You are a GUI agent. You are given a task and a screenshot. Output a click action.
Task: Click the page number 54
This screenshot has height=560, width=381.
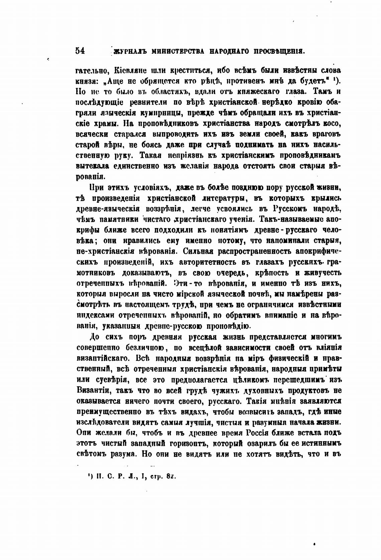(x=81, y=51)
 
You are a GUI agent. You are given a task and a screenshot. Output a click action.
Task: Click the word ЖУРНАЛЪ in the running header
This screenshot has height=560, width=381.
(x=130, y=51)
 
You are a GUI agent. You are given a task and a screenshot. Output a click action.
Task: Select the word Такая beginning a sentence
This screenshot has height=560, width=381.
(x=150, y=156)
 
